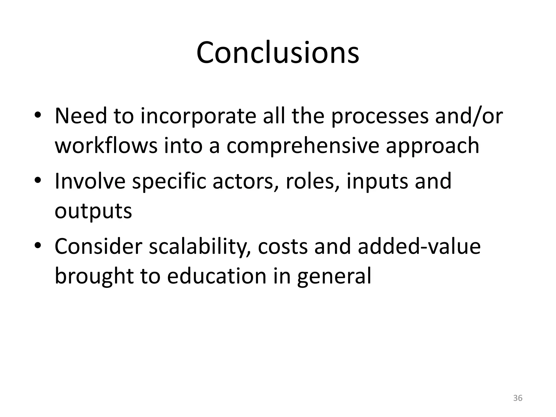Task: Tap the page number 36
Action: tap(518, 398)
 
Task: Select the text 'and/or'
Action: tap(469, 116)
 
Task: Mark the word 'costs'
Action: tap(282, 247)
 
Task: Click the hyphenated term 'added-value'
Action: tap(419, 246)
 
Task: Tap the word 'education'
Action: tap(216, 276)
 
